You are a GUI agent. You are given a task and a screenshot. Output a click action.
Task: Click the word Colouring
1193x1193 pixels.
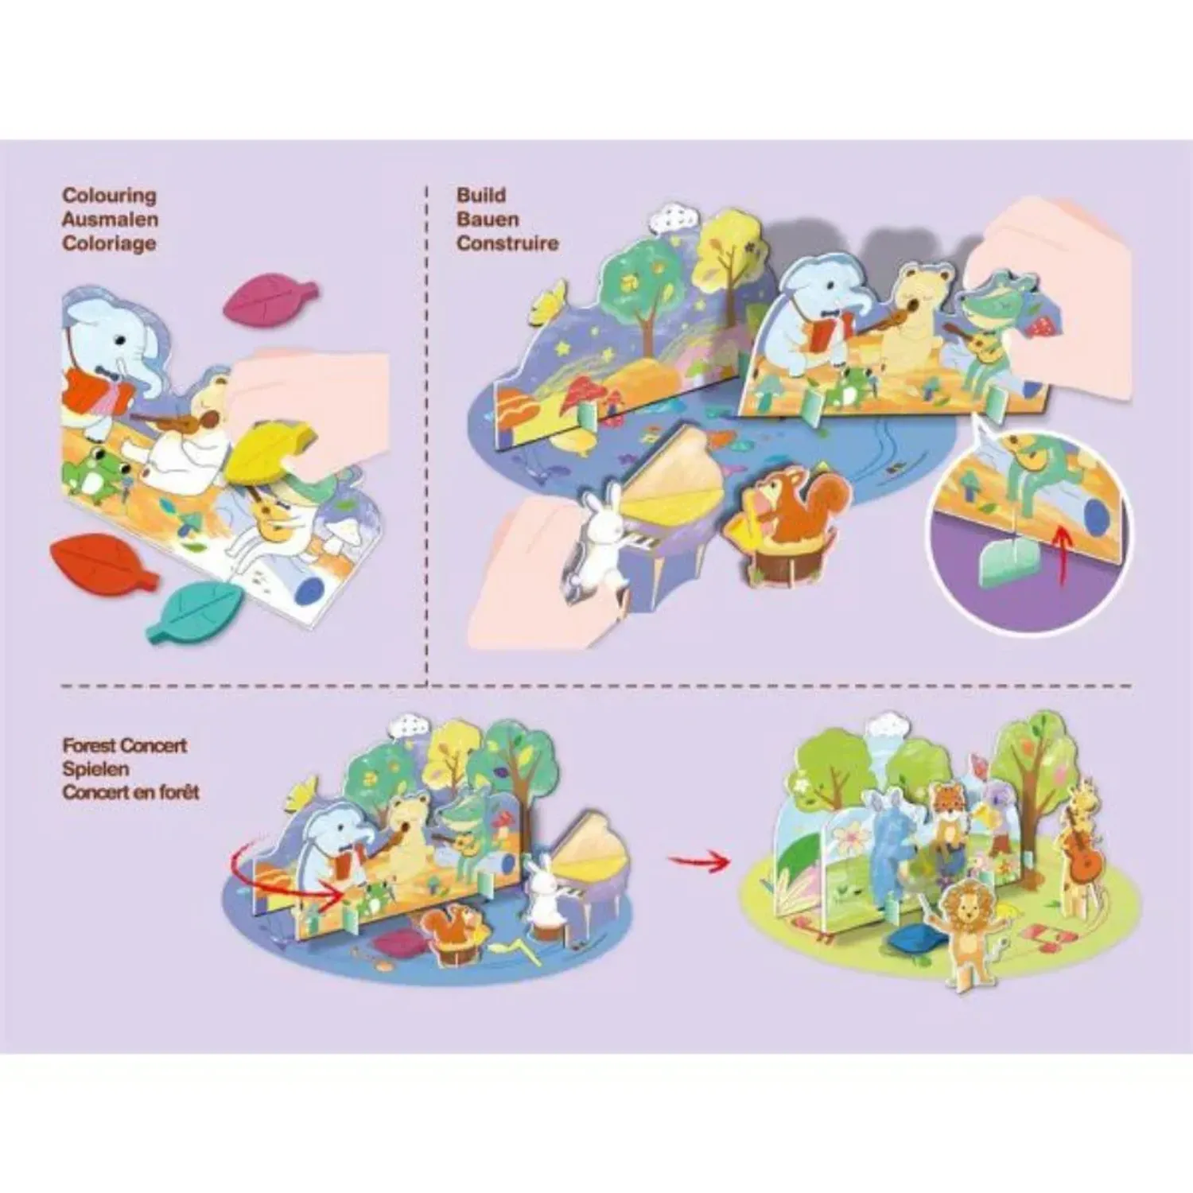click(110, 196)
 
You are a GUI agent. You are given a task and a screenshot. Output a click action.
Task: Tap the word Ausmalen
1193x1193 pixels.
click(110, 220)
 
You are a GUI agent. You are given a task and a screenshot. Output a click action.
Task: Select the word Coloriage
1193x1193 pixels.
click(109, 243)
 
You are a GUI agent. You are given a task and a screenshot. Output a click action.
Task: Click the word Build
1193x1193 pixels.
click(481, 196)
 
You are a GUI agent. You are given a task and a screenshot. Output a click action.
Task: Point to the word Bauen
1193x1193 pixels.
click(488, 220)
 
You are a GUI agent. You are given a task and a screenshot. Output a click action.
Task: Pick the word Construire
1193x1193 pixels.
click(507, 243)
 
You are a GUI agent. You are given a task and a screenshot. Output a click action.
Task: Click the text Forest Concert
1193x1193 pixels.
click(125, 746)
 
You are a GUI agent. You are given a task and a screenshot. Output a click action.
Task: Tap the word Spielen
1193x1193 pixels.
click(95, 769)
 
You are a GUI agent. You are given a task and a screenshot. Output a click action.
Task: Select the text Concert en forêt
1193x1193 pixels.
click(131, 792)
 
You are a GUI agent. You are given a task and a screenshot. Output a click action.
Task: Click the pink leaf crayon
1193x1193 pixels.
click(270, 299)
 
